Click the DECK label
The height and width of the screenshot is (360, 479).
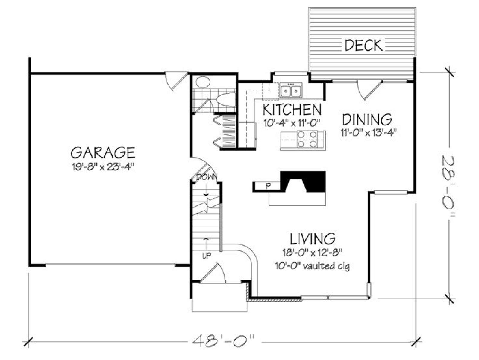click(363, 45)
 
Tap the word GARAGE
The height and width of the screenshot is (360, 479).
click(103, 152)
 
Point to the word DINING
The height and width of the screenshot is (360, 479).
click(367, 119)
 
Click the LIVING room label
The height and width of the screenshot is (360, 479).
click(313, 239)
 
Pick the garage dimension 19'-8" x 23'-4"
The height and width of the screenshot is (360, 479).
click(103, 167)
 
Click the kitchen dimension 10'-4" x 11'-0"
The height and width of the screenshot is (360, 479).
click(292, 123)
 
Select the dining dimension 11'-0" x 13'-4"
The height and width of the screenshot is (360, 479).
click(368, 132)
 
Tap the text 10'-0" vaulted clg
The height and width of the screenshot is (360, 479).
click(313, 266)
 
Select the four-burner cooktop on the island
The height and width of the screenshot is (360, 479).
click(307, 139)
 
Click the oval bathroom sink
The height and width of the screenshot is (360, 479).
click(203, 82)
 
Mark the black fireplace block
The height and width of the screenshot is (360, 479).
click(303, 181)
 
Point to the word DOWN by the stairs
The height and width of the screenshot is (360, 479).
click(207, 177)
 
